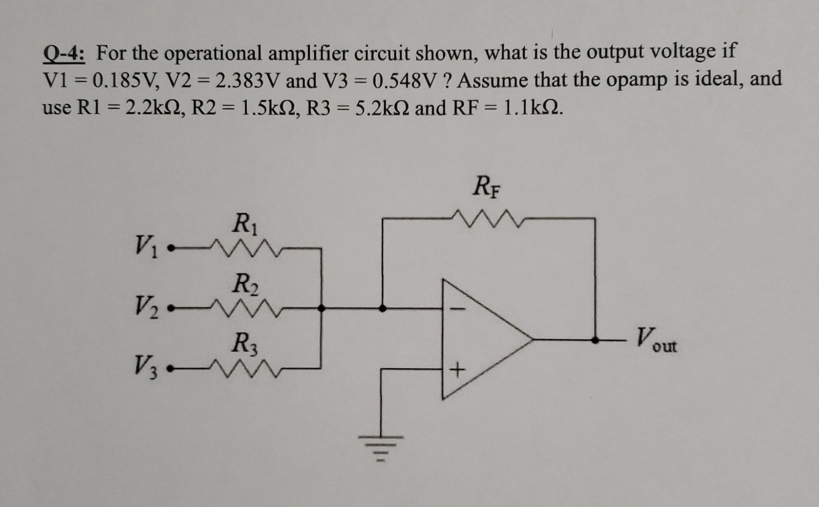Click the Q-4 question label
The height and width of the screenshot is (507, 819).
[67, 52]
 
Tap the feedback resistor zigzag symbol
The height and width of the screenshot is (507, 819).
[488, 218]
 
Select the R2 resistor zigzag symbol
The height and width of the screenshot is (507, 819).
[240, 308]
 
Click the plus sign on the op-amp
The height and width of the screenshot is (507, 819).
[459, 369]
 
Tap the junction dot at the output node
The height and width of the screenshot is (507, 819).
[595, 340]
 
